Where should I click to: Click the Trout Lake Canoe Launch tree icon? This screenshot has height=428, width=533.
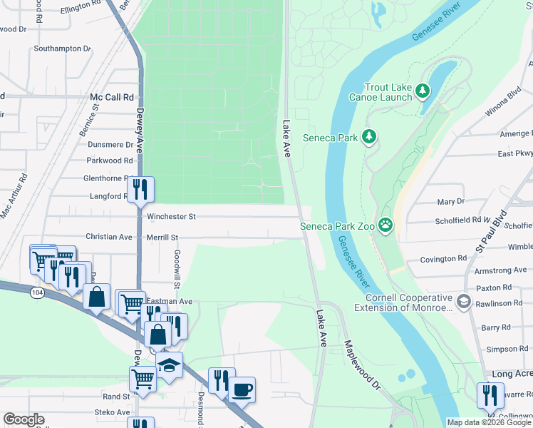coord(423,91)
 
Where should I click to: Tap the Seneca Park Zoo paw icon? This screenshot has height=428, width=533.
coord(385,225)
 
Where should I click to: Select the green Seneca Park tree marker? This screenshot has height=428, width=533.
coord(368,137)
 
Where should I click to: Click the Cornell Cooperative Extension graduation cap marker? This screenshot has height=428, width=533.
coord(465,302)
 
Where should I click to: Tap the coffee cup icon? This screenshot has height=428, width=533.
coord(242,390)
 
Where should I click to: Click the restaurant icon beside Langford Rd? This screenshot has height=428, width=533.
coord(140,190)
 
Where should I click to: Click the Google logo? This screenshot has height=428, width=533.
coord(24,419)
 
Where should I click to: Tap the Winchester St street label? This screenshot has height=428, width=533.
coord(171,216)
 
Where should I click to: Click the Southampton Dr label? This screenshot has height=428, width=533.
coord(63,49)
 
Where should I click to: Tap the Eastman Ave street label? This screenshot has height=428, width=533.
coord(170,302)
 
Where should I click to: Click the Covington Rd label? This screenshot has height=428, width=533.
coord(443,259)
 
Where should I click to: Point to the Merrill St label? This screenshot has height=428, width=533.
coord(162,237)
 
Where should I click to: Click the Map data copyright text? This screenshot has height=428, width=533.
coord(489,422)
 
